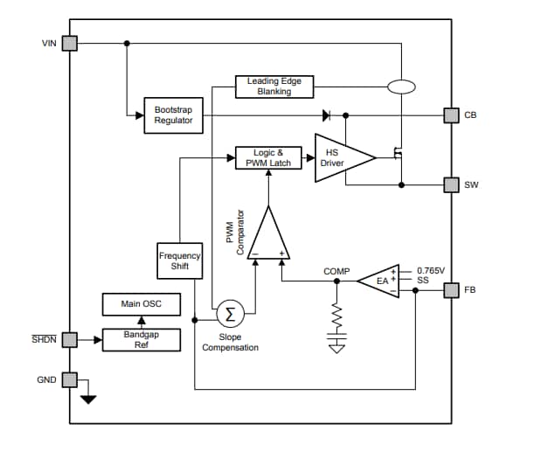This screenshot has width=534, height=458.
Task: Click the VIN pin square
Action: tap(69, 43)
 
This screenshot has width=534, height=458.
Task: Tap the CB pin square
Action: tap(452, 115)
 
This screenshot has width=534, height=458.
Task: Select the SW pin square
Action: tap(452, 185)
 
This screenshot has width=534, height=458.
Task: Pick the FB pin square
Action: tap(452, 290)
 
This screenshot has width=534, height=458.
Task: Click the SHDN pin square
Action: tap(69, 340)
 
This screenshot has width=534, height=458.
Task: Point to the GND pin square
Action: tap(69, 379)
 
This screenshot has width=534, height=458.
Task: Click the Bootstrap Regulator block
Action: tap(174, 115)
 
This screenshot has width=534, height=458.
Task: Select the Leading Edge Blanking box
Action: tap(274, 87)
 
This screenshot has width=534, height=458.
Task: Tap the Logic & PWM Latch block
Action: tap(268, 157)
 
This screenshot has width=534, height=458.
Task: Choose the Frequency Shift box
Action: tap(180, 260)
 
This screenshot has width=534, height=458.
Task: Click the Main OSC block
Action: tap(142, 304)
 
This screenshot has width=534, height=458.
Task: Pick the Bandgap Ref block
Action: tap(142, 340)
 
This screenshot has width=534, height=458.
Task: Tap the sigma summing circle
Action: tap(231, 314)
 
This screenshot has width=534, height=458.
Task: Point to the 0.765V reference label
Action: tap(431, 271)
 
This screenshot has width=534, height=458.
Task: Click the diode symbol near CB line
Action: tap(326, 115)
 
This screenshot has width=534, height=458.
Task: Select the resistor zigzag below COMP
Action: tap(336, 316)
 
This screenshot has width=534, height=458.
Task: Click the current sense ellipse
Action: tap(401, 87)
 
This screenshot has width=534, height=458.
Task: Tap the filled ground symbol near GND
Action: tap(88, 399)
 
